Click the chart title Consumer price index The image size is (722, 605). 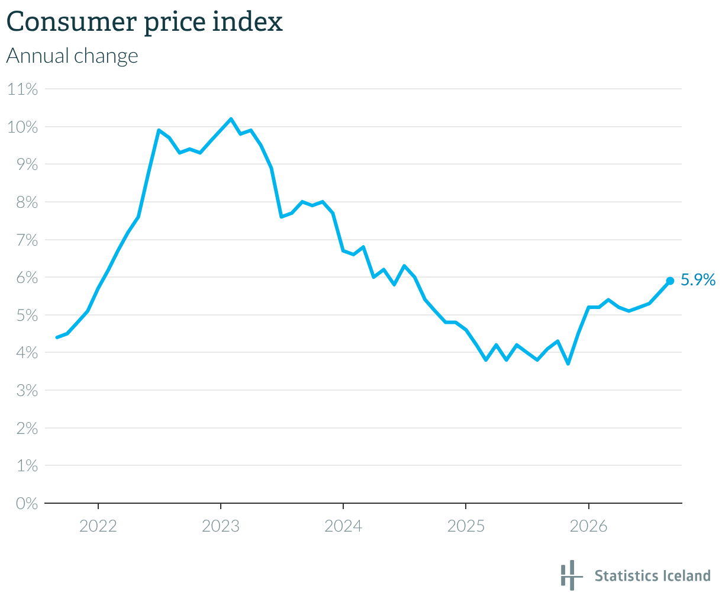click(144, 22)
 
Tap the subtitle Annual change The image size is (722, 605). click(72, 56)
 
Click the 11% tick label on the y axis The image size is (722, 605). click(22, 89)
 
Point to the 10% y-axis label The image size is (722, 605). click(22, 127)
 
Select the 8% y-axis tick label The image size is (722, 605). click(27, 202)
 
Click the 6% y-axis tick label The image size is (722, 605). click(27, 278)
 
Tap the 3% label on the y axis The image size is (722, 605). click(27, 391)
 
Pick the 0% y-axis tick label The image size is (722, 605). click(27, 504)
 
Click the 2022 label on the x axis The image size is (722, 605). click(98, 526)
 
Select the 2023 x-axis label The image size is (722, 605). click(221, 526)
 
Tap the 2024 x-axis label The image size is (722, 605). click(343, 526)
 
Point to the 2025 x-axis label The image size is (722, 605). click(466, 526)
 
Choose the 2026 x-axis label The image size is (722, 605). click(588, 526)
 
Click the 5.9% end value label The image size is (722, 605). click(698, 280)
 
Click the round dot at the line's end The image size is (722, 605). click(670, 281)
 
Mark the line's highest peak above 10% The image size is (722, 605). click(231, 119)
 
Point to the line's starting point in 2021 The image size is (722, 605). click(57, 337)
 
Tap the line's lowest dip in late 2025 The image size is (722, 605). click(568, 364)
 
